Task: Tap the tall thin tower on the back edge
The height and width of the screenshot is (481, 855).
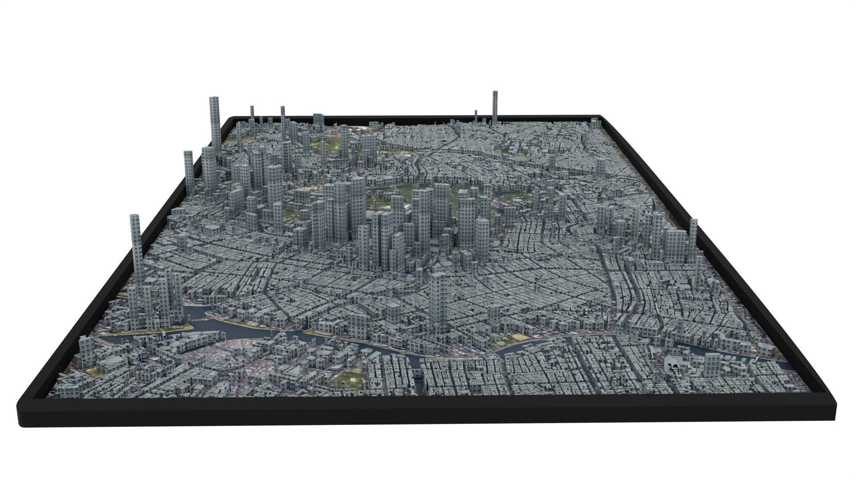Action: tap(495, 107)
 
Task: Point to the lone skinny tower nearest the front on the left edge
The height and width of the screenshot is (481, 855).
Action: tap(136, 249)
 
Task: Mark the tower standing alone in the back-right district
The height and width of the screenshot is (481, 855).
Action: tap(600, 167)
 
